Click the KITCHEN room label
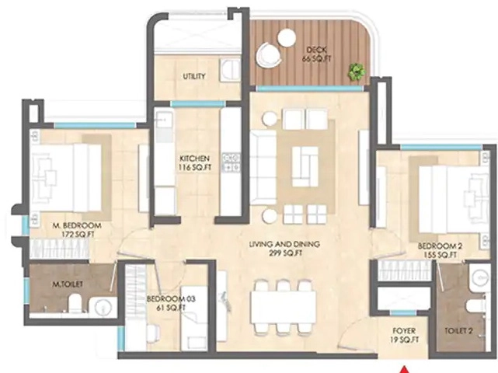[x=195, y=159]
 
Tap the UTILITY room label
[x=194, y=76]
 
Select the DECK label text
[x=317, y=50]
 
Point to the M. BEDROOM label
[x=77, y=225]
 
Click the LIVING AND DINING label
[x=284, y=244]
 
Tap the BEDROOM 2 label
[x=440, y=246]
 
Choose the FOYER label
[x=404, y=331]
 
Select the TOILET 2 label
[x=458, y=331]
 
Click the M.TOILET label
[x=68, y=284]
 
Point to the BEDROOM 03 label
[x=171, y=299]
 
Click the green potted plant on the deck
[x=357, y=71]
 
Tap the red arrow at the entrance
[x=404, y=370]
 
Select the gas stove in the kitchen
[x=232, y=162]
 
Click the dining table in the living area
[x=284, y=307]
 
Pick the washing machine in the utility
[x=231, y=68]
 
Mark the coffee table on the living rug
[x=305, y=166]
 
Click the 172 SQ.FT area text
[x=78, y=235]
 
